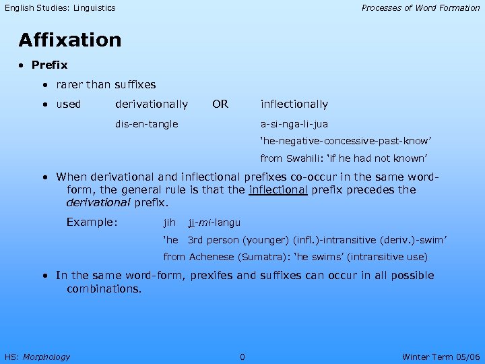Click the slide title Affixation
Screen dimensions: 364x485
coord(70,40)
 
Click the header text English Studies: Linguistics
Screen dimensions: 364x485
coord(60,8)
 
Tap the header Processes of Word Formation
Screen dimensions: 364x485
coord(420,8)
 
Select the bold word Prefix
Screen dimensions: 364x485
coord(49,65)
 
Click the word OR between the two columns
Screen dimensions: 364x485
coord(220,104)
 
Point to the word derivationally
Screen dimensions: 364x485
coord(152,104)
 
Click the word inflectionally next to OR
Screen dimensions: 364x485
coord(294,104)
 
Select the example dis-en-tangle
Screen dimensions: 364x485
coord(147,124)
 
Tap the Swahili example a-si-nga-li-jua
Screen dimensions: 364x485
coord(294,124)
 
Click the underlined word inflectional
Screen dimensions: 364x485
coord(278,190)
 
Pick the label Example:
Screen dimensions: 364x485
coord(92,222)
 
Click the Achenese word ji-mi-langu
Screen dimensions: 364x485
coord(214,222)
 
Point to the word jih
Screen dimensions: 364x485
coord(170,222)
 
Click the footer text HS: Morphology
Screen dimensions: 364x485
coord(37,357)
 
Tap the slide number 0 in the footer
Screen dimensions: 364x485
coord(243,357)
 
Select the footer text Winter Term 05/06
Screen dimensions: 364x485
coord(441,357)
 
